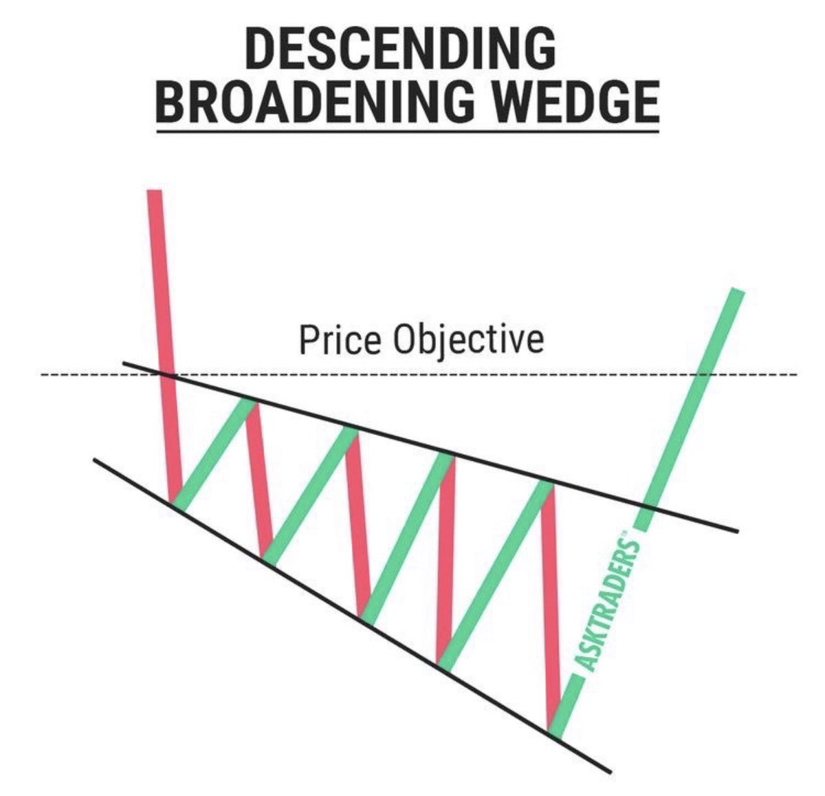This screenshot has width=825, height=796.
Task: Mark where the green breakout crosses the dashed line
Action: click(x=701, y=375)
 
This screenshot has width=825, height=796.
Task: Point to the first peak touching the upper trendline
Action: click(x=252, y=401)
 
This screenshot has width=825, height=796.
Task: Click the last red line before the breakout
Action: click(x=549, y=605)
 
